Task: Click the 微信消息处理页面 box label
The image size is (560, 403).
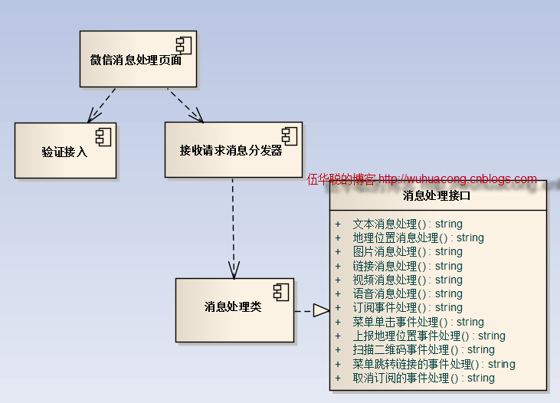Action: click(x=136, y=60)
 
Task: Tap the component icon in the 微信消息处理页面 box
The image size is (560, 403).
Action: click(x=184, y=45)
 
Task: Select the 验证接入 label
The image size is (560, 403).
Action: click(x=64, y=152)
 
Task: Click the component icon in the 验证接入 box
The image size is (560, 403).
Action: click(x=103, y=137)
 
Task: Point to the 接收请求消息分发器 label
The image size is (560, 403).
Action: click(x=231, y=150)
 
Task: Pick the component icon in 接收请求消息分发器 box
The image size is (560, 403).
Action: click(x=290, y=136)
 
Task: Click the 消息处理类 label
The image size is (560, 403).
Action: click(x=233, y=306)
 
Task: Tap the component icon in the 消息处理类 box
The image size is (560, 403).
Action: click(x=281, y=292)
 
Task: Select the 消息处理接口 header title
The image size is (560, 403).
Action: click(x=437, y=196)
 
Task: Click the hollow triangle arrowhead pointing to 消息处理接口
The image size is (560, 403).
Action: click(x=321, y=310)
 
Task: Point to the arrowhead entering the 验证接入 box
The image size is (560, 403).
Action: click(x=93, y=116)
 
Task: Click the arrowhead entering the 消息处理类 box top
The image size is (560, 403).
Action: click(x=234, y=270)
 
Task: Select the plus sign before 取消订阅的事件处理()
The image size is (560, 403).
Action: click(x=338, y=378)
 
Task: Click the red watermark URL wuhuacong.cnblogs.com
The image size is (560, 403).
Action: click(x=457, y=179)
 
